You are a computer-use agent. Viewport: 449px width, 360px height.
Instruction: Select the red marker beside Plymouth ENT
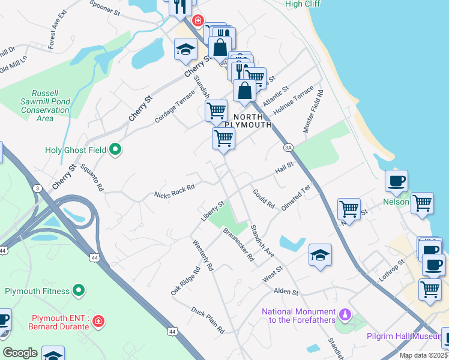click(x=98, y=323)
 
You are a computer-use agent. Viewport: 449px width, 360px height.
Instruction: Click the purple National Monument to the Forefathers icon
click(x=345, y=314)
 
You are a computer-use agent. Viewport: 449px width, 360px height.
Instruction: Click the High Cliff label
click(x=302, y=4)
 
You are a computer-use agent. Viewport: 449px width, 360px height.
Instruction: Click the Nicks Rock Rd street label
click(x=174, y=191)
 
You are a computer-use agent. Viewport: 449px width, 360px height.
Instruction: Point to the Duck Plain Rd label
click(x=208, y=320)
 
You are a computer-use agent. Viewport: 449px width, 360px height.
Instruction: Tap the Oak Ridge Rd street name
click(x=184, y=281)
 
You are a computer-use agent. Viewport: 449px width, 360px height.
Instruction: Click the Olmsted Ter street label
click(x=296, y=196)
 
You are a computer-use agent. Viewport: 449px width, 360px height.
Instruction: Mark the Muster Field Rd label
click(x=313, y=112)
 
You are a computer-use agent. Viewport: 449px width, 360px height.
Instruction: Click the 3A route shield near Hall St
click(x=288, y=147)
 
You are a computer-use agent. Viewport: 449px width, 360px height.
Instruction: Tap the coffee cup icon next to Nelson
click(x=396, y=181)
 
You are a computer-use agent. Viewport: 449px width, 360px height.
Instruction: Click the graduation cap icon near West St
click(x=321, y=255)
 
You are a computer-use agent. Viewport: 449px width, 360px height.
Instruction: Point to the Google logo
click(x=20, y=353)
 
